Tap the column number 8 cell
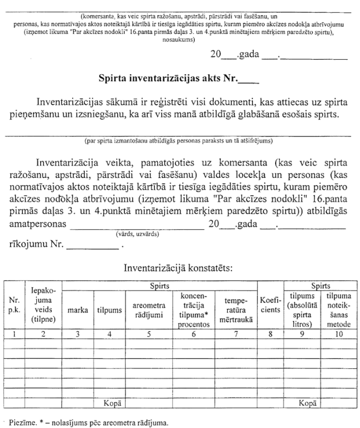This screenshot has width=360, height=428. (x=271, y=335)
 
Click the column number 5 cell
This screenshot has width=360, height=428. (x=148, y=335)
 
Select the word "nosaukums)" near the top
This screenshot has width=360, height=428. (x=178, y=41)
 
